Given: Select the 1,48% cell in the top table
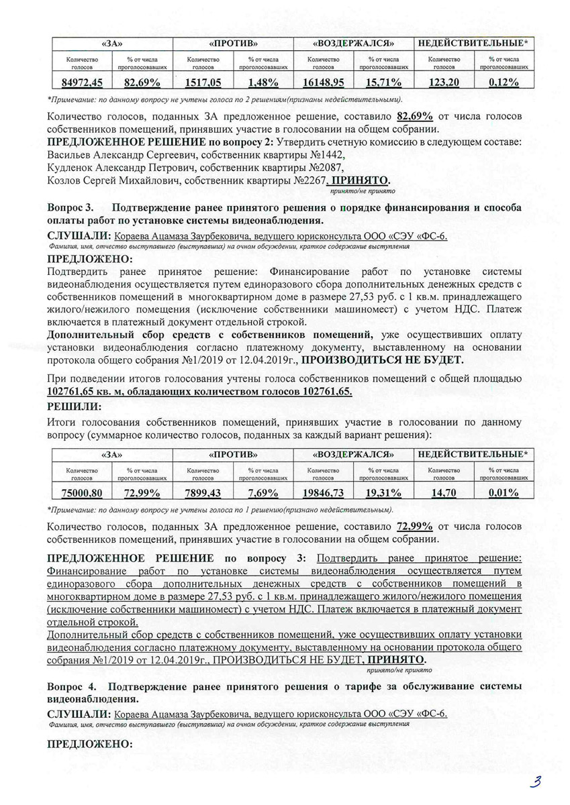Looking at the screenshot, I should (x=258, y=82).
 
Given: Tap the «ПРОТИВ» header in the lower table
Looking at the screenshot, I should (x=232, y=455).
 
